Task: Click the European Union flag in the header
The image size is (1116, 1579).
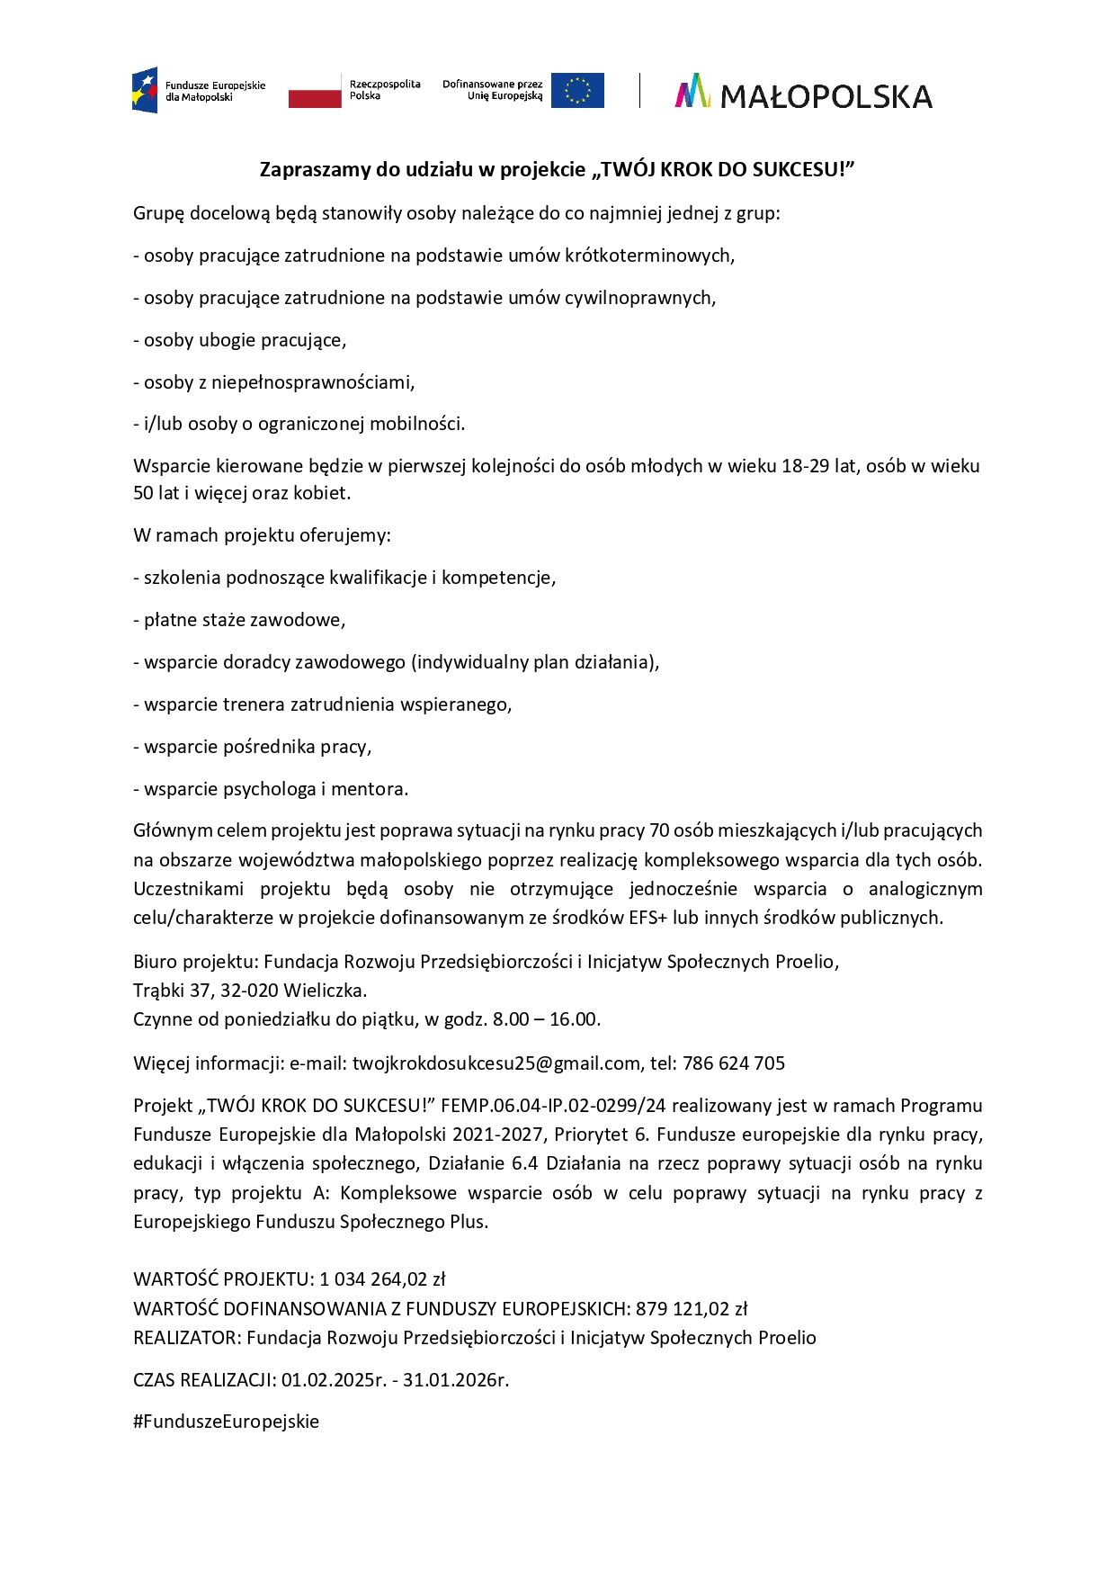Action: [577, 91]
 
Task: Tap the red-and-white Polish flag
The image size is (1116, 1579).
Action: [315, 92]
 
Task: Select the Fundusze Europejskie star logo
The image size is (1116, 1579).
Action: [145, 90]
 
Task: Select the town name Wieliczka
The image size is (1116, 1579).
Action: [325, 991]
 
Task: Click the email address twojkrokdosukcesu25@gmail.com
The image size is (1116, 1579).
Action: [496, 1063]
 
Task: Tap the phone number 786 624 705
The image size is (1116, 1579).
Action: [734, 1063]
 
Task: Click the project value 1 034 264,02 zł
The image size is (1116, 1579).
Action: [382, 1279]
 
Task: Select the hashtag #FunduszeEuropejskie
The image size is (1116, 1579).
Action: [227, 1422]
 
